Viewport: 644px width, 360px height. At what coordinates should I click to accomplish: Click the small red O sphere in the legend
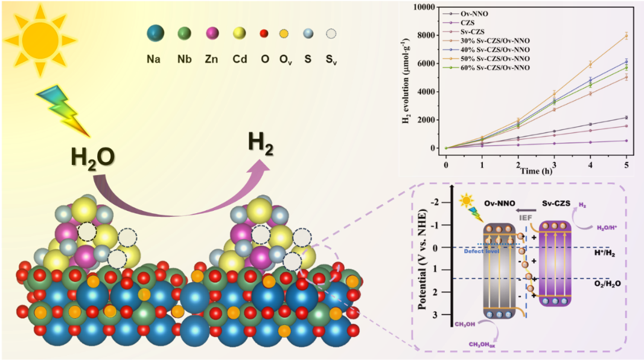264,34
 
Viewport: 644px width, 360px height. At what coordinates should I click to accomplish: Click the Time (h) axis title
537,172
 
